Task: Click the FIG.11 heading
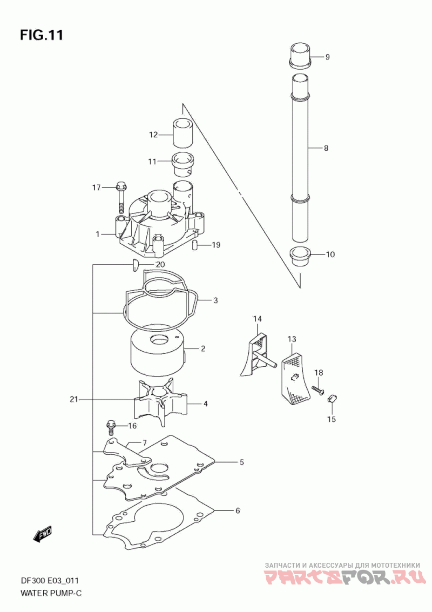[42, 35]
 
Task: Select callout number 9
[327, 57]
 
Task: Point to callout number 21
[74, 399]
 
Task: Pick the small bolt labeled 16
[111, 428]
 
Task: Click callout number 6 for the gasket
[238, 510]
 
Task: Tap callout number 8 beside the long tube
[326, 148]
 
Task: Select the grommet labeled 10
[301, 257]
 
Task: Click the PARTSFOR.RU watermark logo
[342, 577]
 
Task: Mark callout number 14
[257, 319]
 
